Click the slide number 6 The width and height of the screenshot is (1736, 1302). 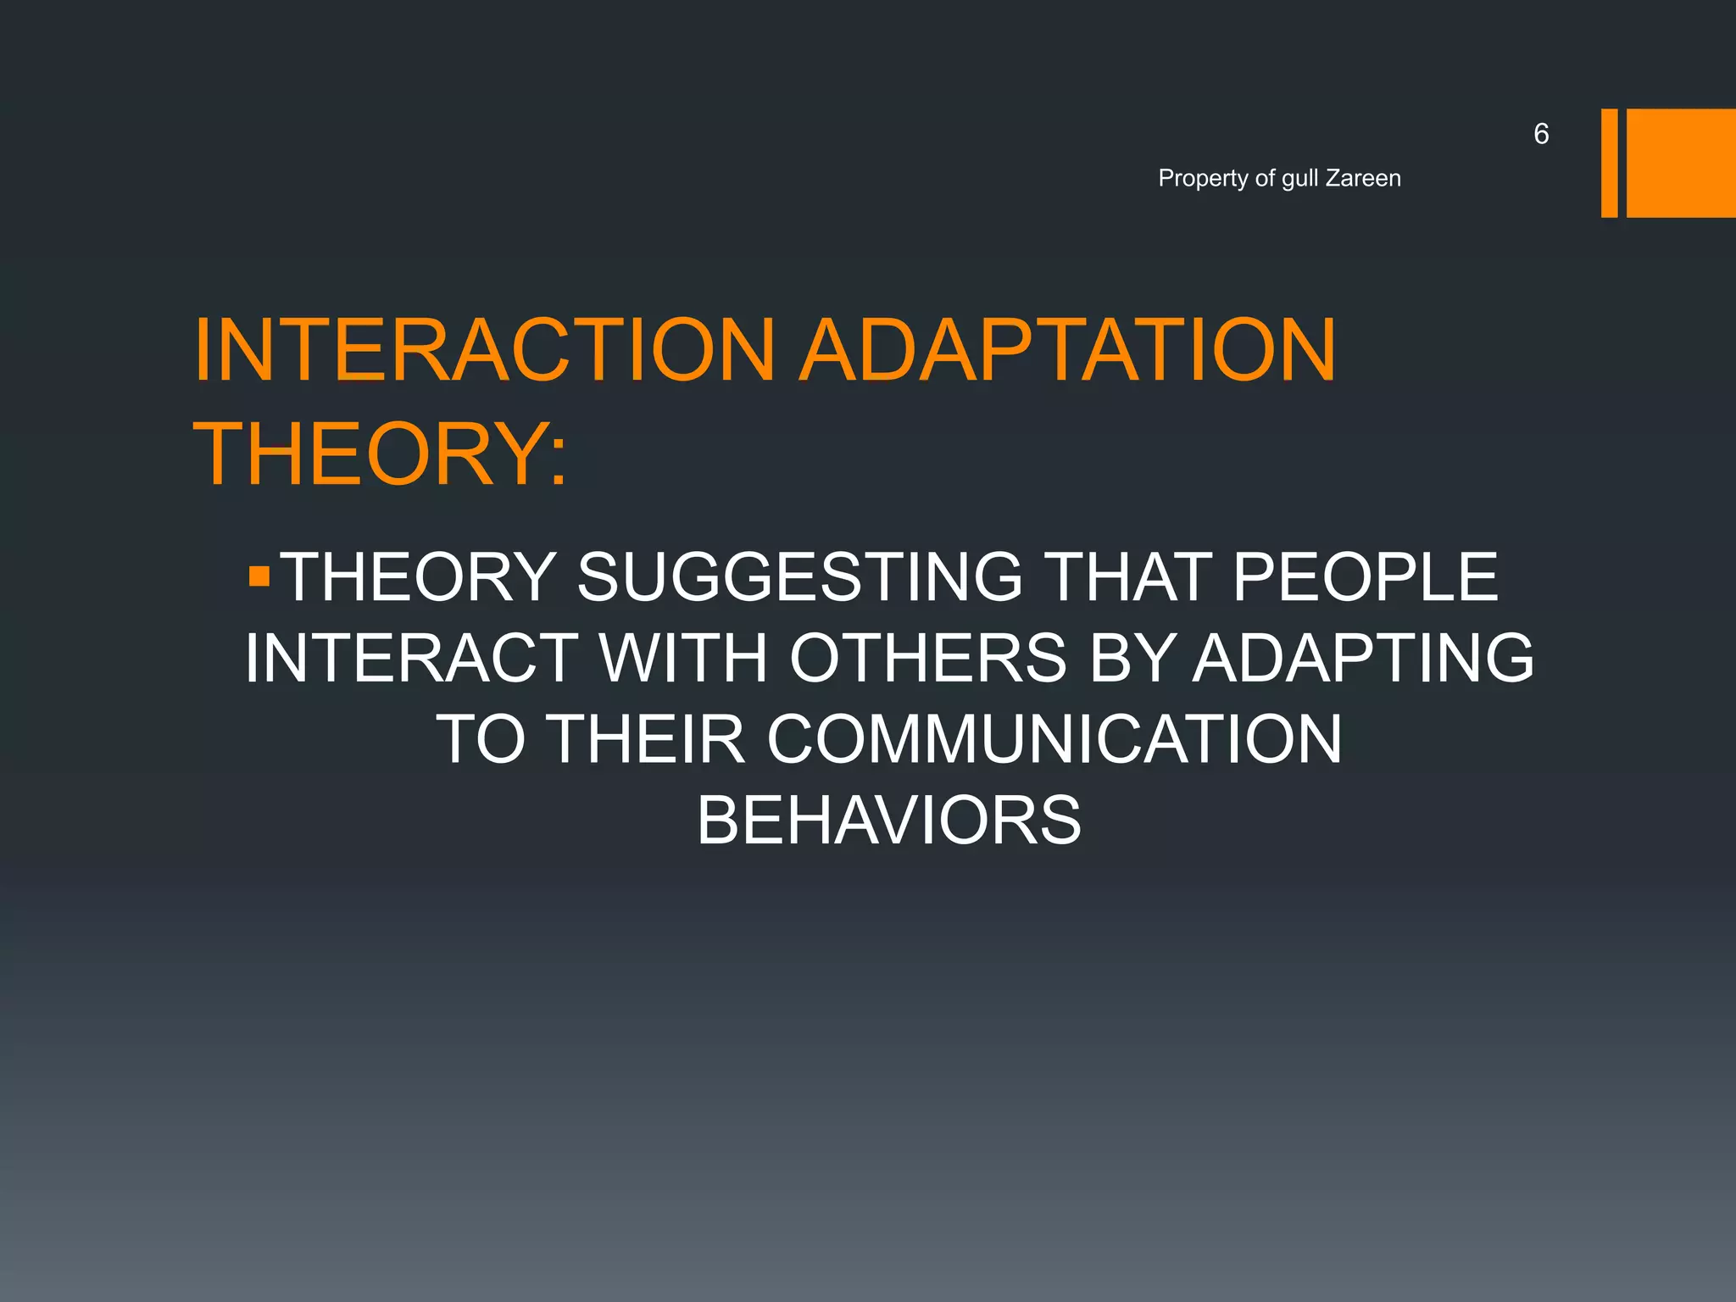[1541, 134]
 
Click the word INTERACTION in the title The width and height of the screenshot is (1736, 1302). [484, 350]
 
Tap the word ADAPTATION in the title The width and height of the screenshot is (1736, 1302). [1069, 350]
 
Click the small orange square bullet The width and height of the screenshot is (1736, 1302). [259, 578]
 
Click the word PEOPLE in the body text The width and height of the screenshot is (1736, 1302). [1365, 577]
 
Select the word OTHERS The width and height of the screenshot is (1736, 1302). [928, 658]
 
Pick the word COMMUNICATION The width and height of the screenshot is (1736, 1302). [1054, 739]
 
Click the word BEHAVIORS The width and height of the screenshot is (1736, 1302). [889, 821]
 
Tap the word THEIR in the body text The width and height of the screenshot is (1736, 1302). [648, 739]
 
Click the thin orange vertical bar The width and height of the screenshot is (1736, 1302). [1609, 163]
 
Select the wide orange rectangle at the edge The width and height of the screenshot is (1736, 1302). [1681, 163]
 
